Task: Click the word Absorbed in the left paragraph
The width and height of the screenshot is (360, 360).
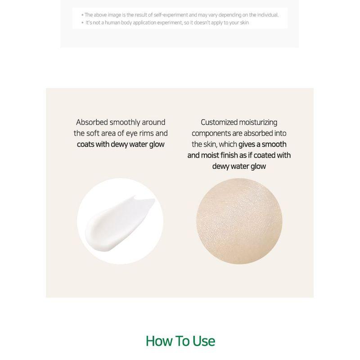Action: coord(93,122)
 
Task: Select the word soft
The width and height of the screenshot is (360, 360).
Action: coord(95,133)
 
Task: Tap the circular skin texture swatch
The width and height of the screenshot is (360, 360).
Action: coord(239,221)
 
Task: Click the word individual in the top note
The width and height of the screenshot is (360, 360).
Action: coord(266,15)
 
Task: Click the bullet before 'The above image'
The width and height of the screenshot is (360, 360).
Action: coord(82,15)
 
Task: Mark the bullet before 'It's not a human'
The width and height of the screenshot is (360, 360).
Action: coord(82,22)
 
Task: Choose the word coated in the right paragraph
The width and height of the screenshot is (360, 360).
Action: coord(264,155)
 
